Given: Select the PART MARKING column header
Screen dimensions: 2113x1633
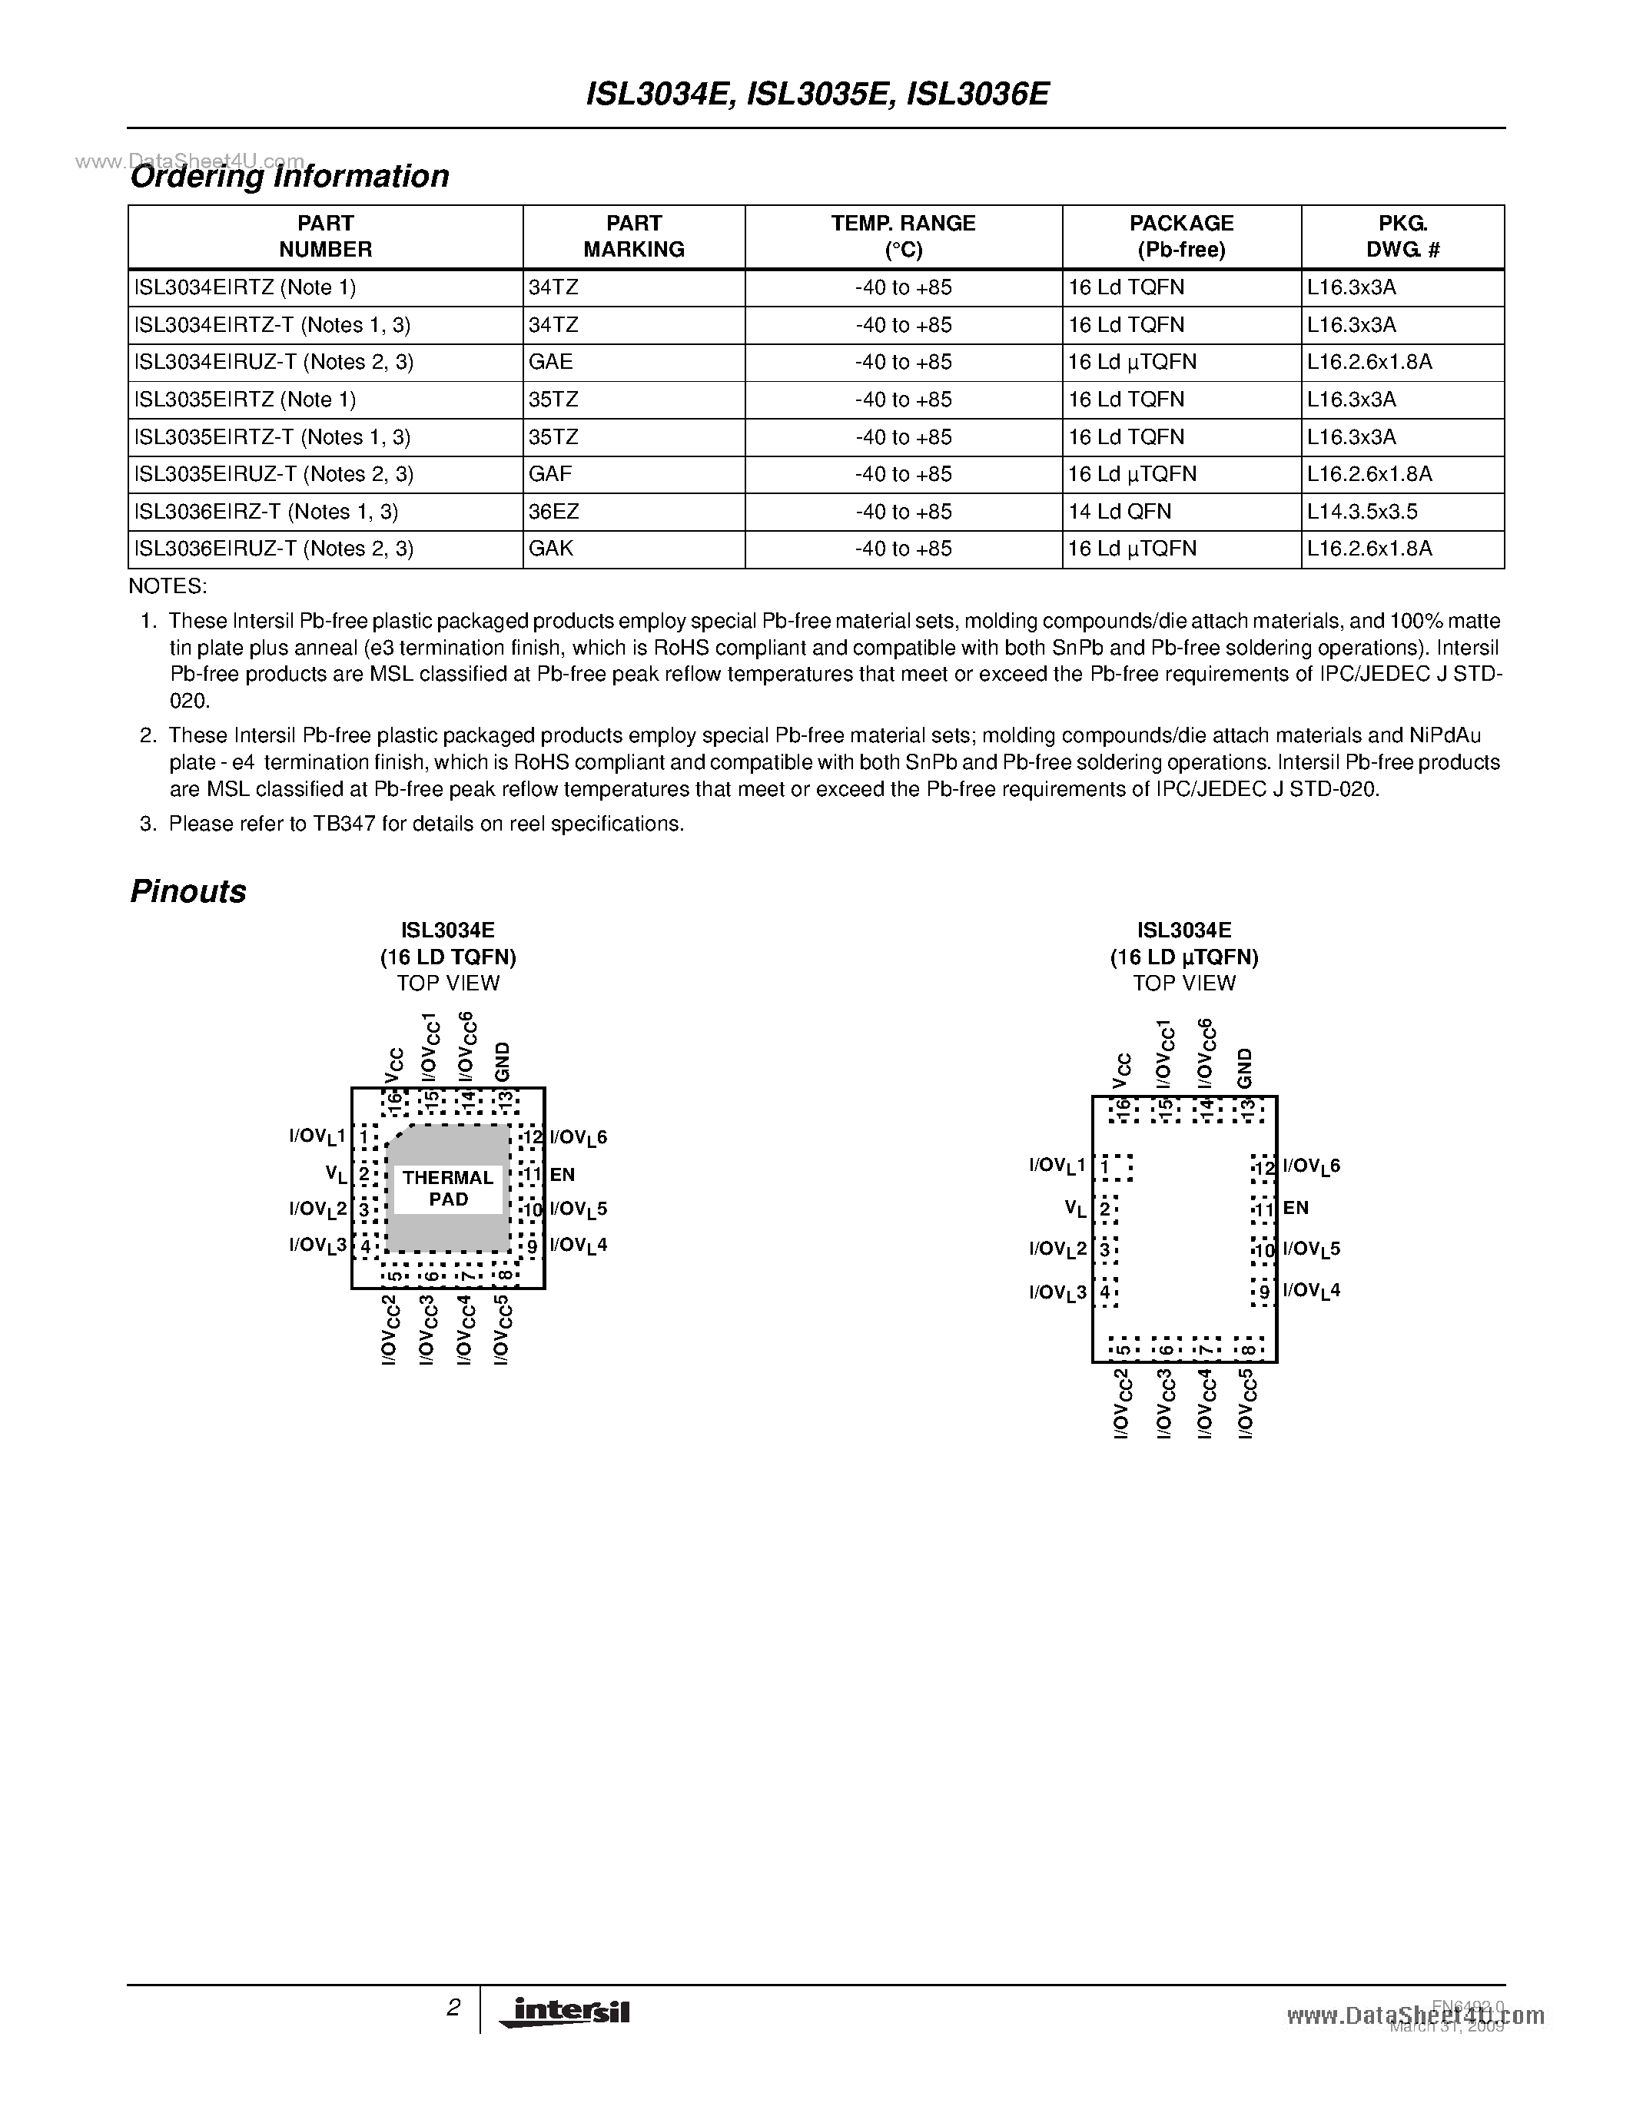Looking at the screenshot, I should [x=634, y=236].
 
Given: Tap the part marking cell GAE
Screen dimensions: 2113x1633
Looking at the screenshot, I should [x=550, y=362].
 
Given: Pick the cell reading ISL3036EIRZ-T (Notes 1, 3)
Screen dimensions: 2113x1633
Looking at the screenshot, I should [x=266, y=512].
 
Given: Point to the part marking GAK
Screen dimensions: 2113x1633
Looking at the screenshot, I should [x=550, y=549].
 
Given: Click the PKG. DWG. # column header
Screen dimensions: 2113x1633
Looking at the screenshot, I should [x=1402, y=236].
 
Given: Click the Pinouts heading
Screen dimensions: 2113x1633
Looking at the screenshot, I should [x=188, y=891].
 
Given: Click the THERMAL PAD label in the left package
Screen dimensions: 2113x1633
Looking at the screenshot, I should [x=448, y=1188].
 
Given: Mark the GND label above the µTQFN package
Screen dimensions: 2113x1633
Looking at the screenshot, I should [x=1245, y=1067].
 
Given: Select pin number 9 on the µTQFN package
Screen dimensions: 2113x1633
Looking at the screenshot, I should [x=1263, y=1292].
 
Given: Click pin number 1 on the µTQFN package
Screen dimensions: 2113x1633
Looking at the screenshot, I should [x=1105, y=1166].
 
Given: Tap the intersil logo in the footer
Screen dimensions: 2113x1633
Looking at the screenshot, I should [x=565, y=2012].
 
